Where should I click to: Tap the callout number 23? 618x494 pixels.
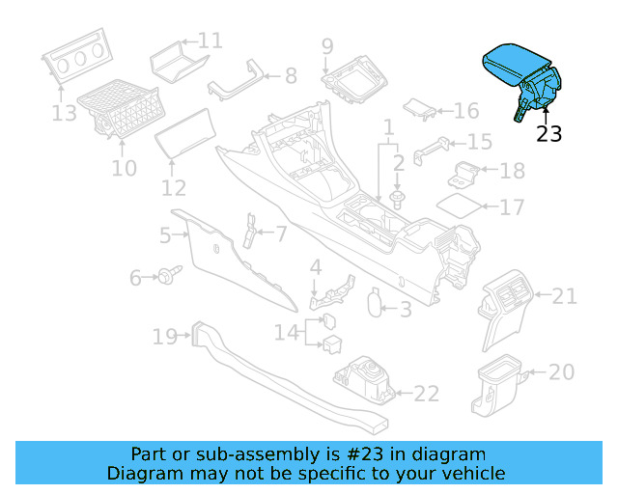pos(548,135)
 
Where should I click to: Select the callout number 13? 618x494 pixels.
pos(64,114)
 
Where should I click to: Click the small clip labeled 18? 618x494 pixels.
pos(467,174)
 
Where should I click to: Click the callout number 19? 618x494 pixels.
pos(164,337)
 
